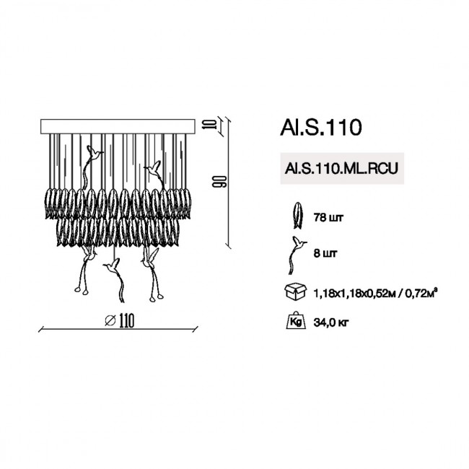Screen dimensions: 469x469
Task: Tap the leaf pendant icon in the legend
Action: coord(295,214)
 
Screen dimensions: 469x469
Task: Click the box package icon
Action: coord(294,292)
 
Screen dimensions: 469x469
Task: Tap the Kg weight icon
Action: coord(294,320)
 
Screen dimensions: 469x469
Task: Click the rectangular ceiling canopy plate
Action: coord(119,126)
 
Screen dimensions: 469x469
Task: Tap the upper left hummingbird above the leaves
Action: coord(94,153)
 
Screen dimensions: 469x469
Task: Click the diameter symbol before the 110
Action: coord(109,320)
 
